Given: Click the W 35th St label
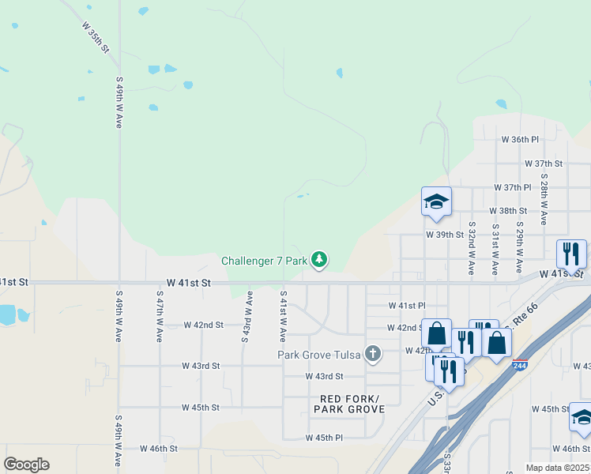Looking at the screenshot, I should tap(95, 36).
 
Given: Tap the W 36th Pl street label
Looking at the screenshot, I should tap(520, 139).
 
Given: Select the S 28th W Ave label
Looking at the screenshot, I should tap(544, 201).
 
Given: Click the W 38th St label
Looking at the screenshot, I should tap(507, 211).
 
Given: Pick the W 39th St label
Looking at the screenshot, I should tap(445, 235).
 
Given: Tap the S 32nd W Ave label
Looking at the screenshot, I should tap(471, 248).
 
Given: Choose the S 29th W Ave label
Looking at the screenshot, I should tap(520, 248).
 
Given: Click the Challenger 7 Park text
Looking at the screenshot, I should tap(264, 260).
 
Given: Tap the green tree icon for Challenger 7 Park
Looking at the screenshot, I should tap(319, 259).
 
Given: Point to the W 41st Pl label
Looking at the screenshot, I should tap(407, 305).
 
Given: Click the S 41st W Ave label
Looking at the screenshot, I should tap(283, 317).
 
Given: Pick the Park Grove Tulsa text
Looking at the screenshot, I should tap(319, 354).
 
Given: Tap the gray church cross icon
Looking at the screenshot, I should tap(373, 354).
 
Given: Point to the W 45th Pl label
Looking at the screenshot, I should tap(324, 437).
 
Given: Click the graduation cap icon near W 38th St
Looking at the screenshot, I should tap(436, 201).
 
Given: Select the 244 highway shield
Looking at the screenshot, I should tap(519, 365).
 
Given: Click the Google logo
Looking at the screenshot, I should tap(26, 465).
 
